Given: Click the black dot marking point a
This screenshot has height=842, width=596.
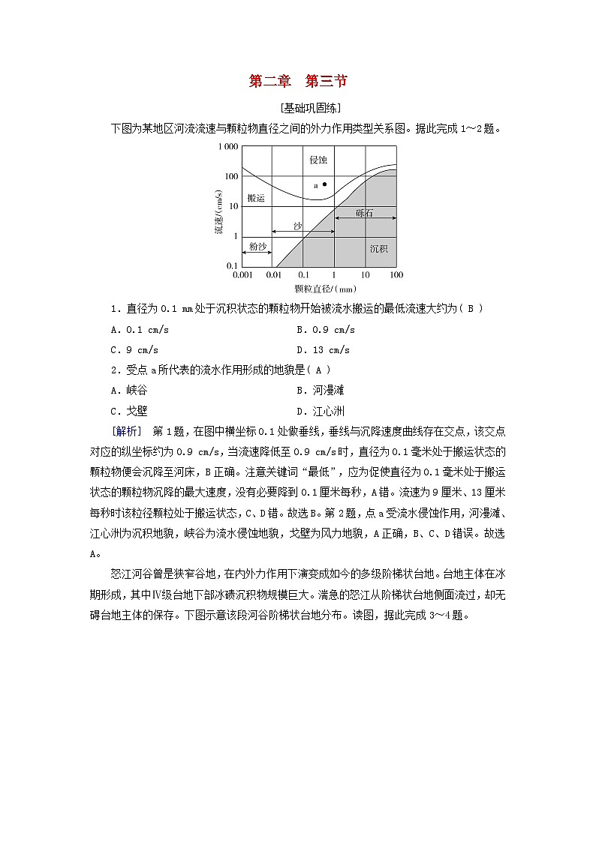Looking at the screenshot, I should pos(324,184).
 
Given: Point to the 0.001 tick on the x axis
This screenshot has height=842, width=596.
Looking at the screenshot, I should pos(242,275).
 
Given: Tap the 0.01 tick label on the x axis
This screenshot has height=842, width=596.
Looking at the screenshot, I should pos(274,275).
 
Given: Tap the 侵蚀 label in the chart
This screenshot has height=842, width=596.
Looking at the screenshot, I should pos(318,160).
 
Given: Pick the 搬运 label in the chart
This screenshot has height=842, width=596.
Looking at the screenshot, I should pos(255,198).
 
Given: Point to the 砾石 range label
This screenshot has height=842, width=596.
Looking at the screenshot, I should pos(365,214).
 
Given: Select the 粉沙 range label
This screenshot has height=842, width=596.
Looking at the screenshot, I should pos(257,245).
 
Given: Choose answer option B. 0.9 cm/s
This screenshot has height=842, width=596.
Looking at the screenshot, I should pos(325,329).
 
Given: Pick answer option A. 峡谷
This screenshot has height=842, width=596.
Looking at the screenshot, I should pos(128,390).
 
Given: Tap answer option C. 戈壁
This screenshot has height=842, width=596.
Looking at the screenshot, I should pos(128,410).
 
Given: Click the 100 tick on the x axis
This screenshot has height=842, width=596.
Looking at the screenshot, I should pos(396,275).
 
